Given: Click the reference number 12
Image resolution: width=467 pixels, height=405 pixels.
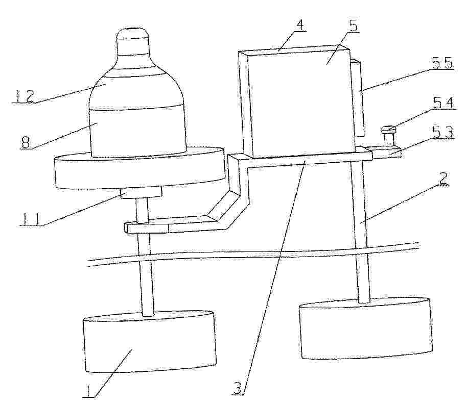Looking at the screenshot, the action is point(25,96).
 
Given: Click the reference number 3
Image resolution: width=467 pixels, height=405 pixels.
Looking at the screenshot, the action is point(238,389).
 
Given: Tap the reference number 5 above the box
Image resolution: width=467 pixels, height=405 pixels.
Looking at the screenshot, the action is point(354,26).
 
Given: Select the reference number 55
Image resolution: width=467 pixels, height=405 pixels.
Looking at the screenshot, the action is point(442,63).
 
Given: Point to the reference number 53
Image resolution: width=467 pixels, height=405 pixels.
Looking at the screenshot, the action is point(443,132).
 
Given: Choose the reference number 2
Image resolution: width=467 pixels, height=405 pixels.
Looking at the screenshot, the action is point(443,179).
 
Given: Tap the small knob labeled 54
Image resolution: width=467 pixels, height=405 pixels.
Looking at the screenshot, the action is point(388,137).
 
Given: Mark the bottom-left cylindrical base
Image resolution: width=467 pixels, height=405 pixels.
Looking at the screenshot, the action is point(150,342).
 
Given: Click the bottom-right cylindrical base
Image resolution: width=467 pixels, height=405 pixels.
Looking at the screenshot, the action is point(366,328).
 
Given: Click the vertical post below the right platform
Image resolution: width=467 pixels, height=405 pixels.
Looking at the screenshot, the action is point(360,231).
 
